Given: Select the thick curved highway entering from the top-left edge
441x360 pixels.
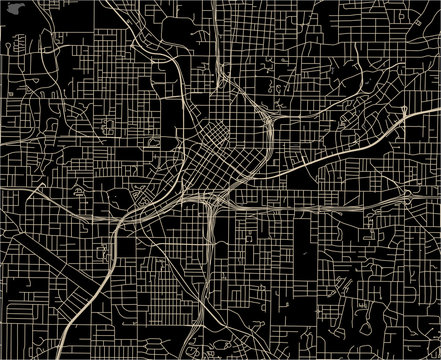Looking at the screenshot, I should (x=150, y=50).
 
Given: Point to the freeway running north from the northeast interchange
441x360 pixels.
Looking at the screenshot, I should (x=262, y=60).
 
